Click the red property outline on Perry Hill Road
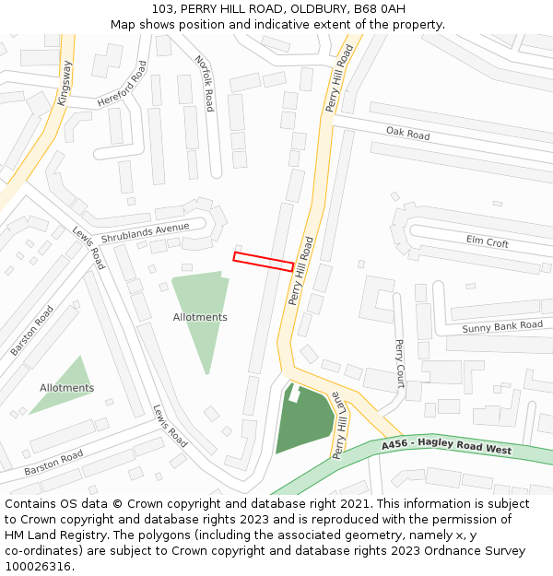pyautogui.click(x=264, y=261)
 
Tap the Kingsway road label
pyautogui.click(x=65, y=83)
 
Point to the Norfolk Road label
pyautogui.click(x=205, y=83)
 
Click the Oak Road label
pyautogui.click(x=407, y=135)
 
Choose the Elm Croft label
pyautogui.click(x=487, y=242)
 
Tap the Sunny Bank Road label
pyautogui.click(x=502, y=326)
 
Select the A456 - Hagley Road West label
pyautogui.click(x=446, y=447)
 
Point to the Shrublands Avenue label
pyautogui.click(x=145, y=232)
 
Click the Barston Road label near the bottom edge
pyautogui.click(x=53, y=463)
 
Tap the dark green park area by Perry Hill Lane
pyautogui.click(x=304, y=422)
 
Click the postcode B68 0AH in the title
pyautogui.click(x=379, y=9)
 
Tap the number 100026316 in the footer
pyautogui.click(x=38, y=566)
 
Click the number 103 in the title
pyautogui.click(x=162, y=9)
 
